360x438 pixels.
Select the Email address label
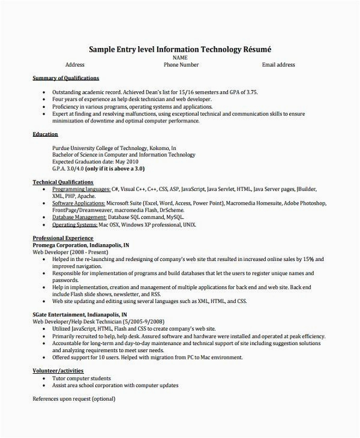coord(278,64)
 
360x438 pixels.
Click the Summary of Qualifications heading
coord(65,79)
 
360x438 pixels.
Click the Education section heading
coord(45,134)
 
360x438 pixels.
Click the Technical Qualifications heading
coord(63,181)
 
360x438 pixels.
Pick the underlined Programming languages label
coord(81,188)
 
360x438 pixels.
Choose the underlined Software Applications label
coord(79,203)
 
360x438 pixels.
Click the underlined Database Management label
coord(80,217)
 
